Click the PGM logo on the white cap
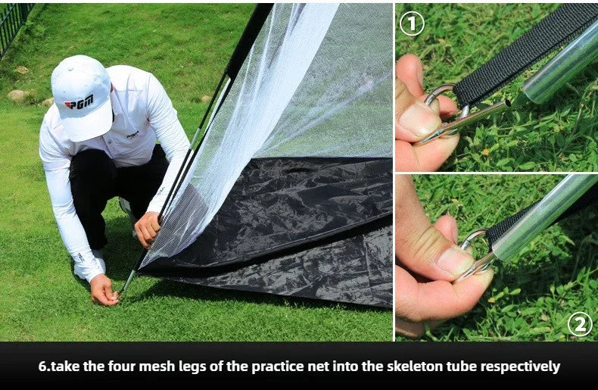tap(79, 102)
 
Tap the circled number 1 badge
tap(412, 24)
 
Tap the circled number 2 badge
tap(580, 324)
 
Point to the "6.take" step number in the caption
tap(59, 367)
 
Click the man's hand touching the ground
tap(104, 290)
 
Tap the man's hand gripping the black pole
tap(147, 229)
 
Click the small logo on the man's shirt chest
tap(132, 135)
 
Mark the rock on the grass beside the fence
tap(17, 95)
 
